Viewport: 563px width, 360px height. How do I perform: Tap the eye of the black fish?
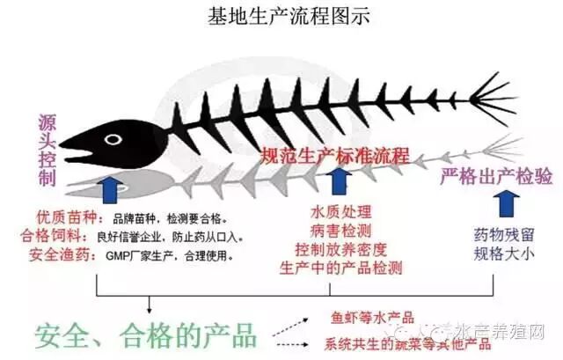[x=112, y=139]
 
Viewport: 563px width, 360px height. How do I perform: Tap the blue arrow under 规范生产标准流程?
[x=340, y=183]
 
